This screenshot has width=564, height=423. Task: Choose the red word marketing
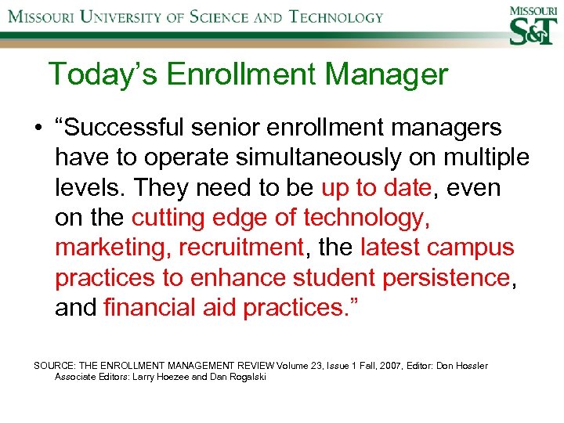click(x=112, y=248)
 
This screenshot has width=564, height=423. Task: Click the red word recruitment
click(x=240, y=248)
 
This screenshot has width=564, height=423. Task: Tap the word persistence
click(x=444, y=277)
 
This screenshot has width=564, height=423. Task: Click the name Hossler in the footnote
click(x=471, y=366)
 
